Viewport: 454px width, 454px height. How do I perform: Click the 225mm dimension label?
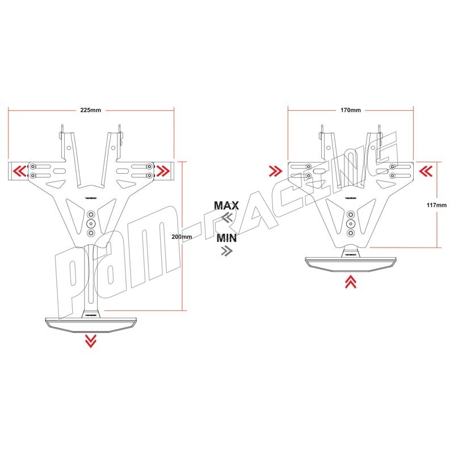pos(91,110)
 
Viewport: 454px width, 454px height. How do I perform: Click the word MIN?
pos(227,238)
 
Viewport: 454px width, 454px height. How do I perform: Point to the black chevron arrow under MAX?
pos(226,217)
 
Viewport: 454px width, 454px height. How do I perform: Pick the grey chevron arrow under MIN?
pos(226,250)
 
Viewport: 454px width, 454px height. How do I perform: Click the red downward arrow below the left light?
pos(90,340)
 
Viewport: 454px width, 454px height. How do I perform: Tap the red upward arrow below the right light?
pos(351,281)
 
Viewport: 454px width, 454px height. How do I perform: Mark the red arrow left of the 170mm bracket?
pos(276,170)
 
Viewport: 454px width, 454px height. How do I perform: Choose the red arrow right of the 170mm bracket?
pos(426,170)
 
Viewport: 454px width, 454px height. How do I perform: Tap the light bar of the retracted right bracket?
pos(351,263)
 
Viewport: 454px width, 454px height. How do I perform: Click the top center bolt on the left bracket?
pos(91,215)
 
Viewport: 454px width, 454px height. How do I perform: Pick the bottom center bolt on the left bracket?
pos(91,233)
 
